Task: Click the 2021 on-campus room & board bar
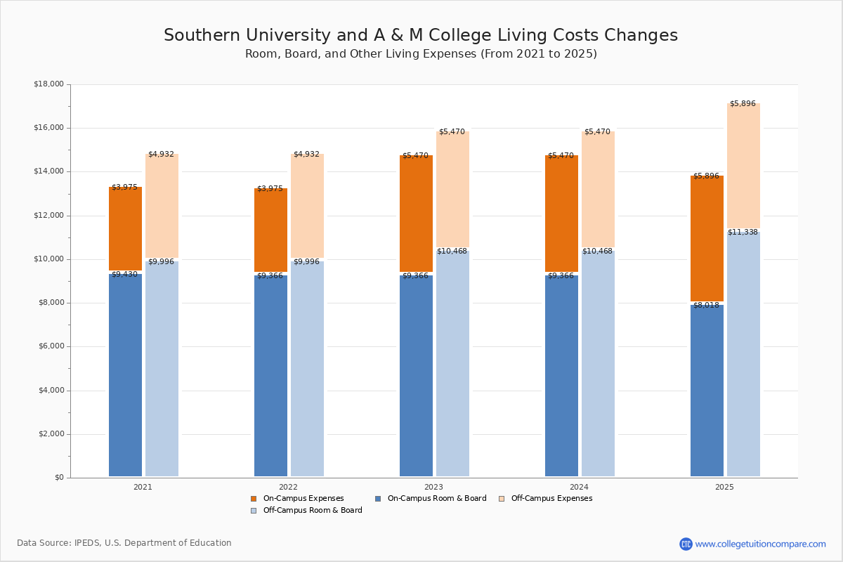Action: (125, 375)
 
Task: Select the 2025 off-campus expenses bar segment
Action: (743, 166)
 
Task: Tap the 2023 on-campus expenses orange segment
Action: (416, 214)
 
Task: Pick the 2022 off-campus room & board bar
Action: (307, 368)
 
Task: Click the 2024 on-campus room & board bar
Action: (561, 375)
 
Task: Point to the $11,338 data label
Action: (743, 232)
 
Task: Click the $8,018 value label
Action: (706, 305)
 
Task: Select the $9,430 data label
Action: (124, 275)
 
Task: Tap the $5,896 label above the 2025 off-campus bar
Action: (743, 103)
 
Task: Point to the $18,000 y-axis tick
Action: (48, 84)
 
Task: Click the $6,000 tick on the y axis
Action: (51, 346)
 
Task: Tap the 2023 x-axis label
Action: (433, 487)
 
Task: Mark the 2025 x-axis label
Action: (724, 487)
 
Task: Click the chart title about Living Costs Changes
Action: (421, 36)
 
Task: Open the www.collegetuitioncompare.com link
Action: (760, 544)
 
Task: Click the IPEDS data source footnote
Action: (124, 543)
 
